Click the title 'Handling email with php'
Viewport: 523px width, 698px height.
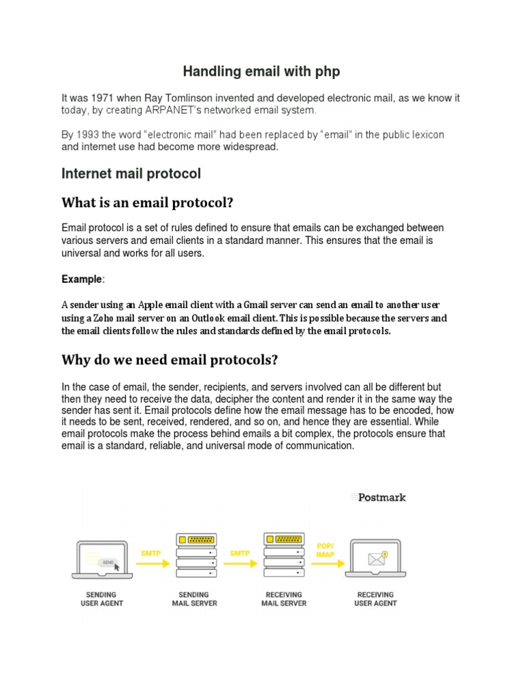(261, 72)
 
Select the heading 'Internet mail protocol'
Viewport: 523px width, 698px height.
(131, 173)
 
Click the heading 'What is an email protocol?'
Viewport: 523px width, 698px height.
(148, 203)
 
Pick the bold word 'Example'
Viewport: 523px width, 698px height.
(81, 279)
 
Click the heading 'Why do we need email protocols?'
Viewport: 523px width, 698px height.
(170, 359)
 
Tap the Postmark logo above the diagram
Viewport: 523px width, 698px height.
(379, 498)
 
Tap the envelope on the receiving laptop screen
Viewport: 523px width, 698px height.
(376, 559)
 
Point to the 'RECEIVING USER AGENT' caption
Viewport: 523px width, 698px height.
(375, 599)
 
